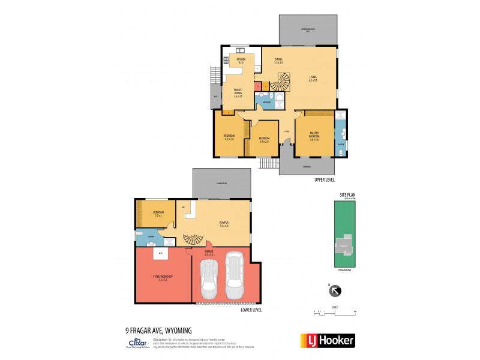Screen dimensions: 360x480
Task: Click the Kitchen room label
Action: [x=241, y=61]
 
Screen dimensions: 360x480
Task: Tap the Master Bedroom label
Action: [x=314, y=136]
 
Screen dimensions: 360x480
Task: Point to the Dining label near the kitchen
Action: [x=278, y=61]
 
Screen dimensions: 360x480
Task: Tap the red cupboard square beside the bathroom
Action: [x=258, y=86]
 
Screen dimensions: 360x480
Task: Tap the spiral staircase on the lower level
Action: [x=193, y=239]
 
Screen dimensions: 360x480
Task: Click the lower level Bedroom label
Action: [x=158, y=214]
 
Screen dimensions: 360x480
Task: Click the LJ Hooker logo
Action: [x=327, y=340]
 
